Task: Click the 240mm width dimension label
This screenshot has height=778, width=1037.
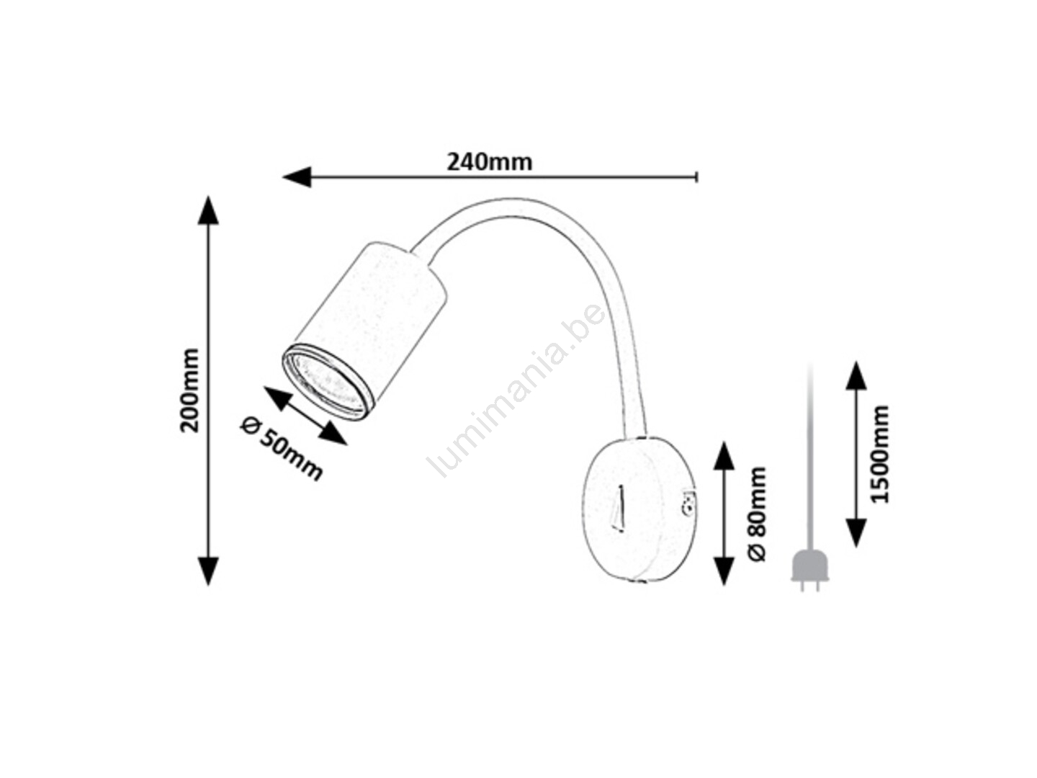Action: coord(490,162)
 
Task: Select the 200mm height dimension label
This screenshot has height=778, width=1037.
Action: coord(190,390)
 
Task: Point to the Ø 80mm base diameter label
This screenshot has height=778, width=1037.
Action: coord(757,514)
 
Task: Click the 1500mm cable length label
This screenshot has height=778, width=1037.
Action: coord(880,454)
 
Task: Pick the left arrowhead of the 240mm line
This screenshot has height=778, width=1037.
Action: coord(297,177)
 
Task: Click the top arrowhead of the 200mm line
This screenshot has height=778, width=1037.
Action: coord(208,210)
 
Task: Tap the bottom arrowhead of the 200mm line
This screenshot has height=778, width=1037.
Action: coord(208,571)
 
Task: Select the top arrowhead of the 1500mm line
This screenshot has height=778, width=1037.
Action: coord(856,376)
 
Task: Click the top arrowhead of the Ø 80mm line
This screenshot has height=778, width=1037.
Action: coord(724,456)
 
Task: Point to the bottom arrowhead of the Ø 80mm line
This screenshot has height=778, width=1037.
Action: coord(724,571)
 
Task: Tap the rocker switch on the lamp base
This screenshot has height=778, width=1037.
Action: coord(619,508)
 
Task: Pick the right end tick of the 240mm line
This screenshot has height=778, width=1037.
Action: coord(697,177)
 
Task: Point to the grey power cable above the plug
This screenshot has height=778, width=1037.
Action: coord(809,456)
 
